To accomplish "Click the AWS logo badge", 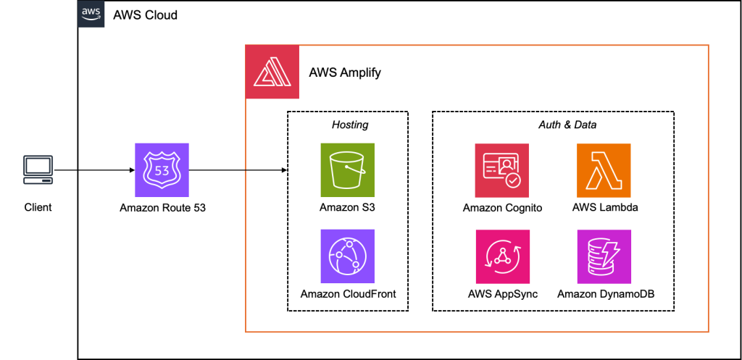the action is tap(91, 14).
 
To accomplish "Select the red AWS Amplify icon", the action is tap(272, 72).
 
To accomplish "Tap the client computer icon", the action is tap(38, 169).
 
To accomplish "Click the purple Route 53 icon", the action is tap(162, 170).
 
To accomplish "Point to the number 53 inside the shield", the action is tap(162, 170).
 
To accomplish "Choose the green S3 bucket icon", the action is tap(347, 170).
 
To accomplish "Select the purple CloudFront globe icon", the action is tap(347, 256).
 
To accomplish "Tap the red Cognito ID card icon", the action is tap(501, 170).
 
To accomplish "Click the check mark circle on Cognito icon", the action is tap(513, 180).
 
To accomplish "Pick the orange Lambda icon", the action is tap(604, 170).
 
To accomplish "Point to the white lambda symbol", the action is tap(604, 170).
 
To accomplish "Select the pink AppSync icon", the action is tap(502, 256).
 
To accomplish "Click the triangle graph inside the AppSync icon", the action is tap(502, 257).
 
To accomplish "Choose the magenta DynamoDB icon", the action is tap(604, 256).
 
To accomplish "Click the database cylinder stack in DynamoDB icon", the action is tap(598, 259).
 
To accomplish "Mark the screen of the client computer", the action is tap(38, 165).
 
